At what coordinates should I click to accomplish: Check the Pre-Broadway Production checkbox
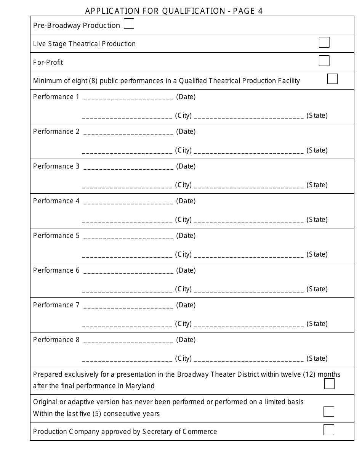coord(129,24)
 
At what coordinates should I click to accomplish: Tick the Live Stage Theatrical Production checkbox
coord(324,42)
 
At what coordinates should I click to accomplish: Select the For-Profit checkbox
coord(324,61)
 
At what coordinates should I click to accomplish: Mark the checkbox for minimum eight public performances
coord(332,79)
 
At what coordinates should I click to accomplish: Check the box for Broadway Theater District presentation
coord(329,384)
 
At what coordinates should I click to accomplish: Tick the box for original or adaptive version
coord(329,412)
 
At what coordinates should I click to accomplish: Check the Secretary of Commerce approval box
coord(329,430)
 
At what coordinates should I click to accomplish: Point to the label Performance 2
coord(56,132)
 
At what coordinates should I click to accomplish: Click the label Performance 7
coord(56,305)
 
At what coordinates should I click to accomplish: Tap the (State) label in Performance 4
coord(317,220)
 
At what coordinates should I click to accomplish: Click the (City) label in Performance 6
coord(183,289)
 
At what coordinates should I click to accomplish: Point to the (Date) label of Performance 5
coord(186,236)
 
